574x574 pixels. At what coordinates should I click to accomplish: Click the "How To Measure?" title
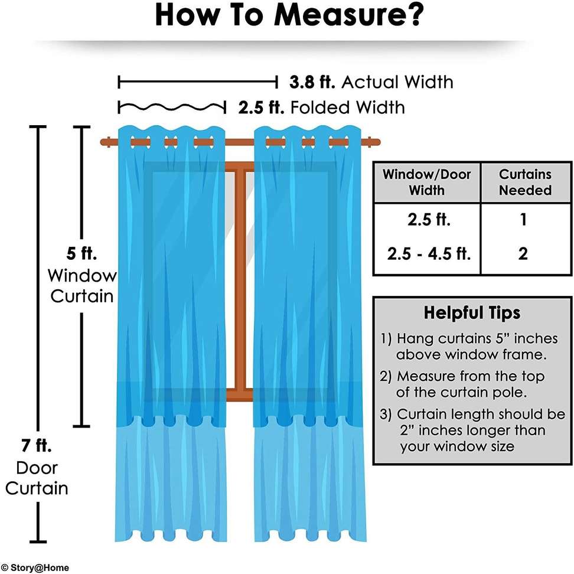click(289, 15)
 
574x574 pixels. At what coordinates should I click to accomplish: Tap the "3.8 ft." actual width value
click(312, 82)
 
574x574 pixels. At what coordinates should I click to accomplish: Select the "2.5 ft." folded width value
click(261, 107)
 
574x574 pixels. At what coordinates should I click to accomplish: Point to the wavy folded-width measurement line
click(172, 107)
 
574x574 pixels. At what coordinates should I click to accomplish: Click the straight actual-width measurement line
click(198, 82)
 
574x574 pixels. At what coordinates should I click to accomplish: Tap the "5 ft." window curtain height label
click(81, 253)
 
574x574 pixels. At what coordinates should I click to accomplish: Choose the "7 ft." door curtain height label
click(36, 445)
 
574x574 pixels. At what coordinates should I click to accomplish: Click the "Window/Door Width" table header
click(426, 182)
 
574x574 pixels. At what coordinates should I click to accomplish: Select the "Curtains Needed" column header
click(526, 182)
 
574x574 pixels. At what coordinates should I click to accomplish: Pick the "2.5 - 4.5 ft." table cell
click(429, 254)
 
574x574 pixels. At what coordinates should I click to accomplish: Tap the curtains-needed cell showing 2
click(523, 254)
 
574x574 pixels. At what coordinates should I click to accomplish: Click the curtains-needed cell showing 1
click(523, 220)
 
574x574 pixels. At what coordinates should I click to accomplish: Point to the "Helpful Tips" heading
click(472, 313)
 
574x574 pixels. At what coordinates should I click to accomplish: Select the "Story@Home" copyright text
click(34, 568)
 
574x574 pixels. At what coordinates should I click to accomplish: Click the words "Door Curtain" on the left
click(37, 478)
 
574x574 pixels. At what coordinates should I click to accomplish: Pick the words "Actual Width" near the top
click(397, 82)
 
